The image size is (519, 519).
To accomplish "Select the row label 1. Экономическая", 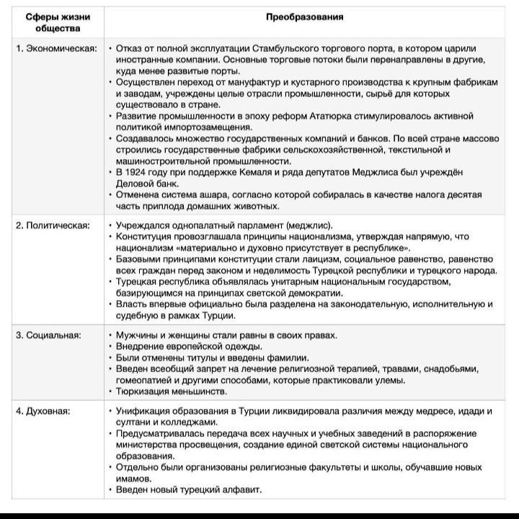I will tap(57, 48).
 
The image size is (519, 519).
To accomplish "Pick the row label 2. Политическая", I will tap(53, 225).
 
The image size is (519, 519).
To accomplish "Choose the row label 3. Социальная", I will tap(50, 335).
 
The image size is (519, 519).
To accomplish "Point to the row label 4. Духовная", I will tap(44, 411).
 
